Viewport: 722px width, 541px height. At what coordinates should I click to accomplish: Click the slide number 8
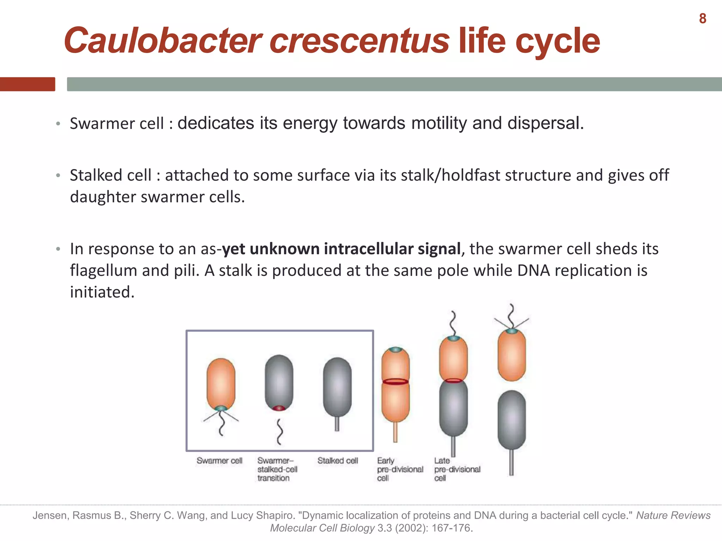702,19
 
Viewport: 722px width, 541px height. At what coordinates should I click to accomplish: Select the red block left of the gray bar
27,84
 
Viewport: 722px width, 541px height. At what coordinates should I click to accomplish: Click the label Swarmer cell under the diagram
219,461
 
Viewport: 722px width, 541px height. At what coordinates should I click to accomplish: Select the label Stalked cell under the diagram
337,461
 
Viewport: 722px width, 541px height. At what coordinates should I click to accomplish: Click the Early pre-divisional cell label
400,469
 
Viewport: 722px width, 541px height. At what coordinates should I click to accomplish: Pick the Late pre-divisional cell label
457,469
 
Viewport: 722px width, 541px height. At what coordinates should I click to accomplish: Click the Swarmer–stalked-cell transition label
277,469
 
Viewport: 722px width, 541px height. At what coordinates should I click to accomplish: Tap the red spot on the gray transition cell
279,408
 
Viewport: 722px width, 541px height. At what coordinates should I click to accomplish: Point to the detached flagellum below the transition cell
280,431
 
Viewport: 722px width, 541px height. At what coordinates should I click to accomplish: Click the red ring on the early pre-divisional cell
396,381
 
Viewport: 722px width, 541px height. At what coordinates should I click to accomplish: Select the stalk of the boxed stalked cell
337,424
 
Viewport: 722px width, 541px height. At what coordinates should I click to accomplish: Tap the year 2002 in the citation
411,528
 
